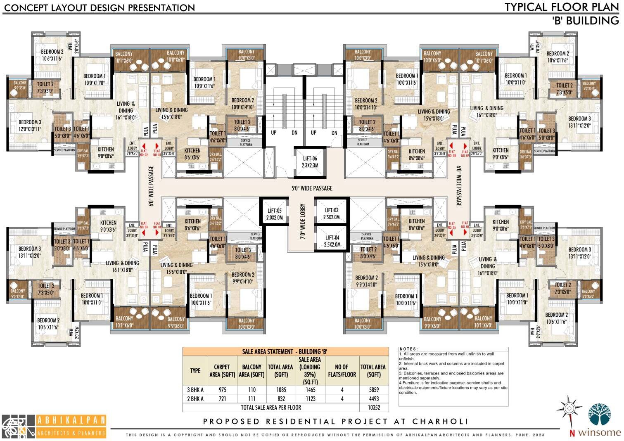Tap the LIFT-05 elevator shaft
click(275, 214)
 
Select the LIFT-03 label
click(332, 213)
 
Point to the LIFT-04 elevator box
click(332, 241)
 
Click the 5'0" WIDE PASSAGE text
click(312, 188)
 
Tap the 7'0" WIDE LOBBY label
click(303, 222)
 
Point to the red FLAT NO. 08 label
click(452, 153)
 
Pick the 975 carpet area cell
click(222, 389)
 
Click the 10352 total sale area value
click(373, 408)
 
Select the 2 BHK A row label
click(195, 398)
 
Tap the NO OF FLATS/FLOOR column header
click(342, 370)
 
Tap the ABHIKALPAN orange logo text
click(71, 421)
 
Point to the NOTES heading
click(408, 349)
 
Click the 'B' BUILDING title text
click(585, 21)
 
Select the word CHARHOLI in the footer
click(440, 422)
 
